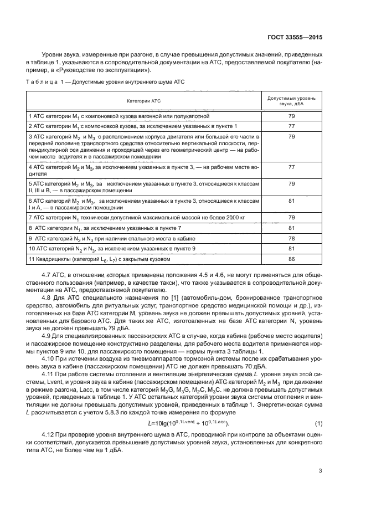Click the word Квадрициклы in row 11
pos(54,259)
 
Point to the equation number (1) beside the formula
pos(318,408)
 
